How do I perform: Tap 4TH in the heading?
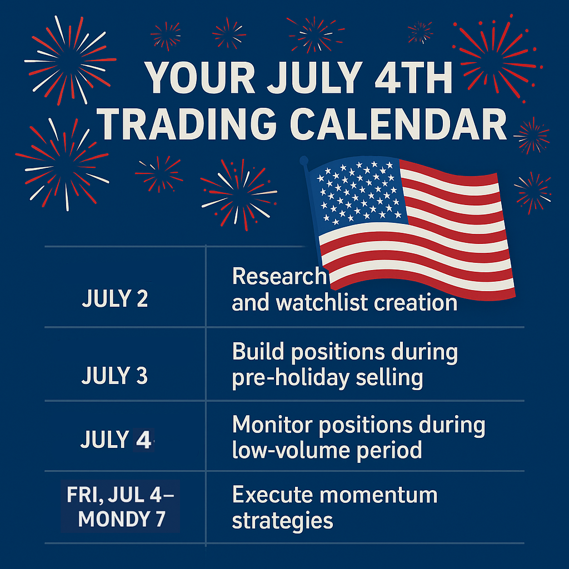point(413,78)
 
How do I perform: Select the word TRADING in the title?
point(187,124)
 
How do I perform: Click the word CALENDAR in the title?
point(398,124)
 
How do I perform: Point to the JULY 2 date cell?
point(115,298)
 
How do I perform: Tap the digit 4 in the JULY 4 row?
point(143,440)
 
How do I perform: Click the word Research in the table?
point(279,276)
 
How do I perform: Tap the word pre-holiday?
point(291,378)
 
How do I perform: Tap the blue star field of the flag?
point(357,192)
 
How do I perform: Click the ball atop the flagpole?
point(304,160)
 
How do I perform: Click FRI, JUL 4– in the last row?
point(121,494)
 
